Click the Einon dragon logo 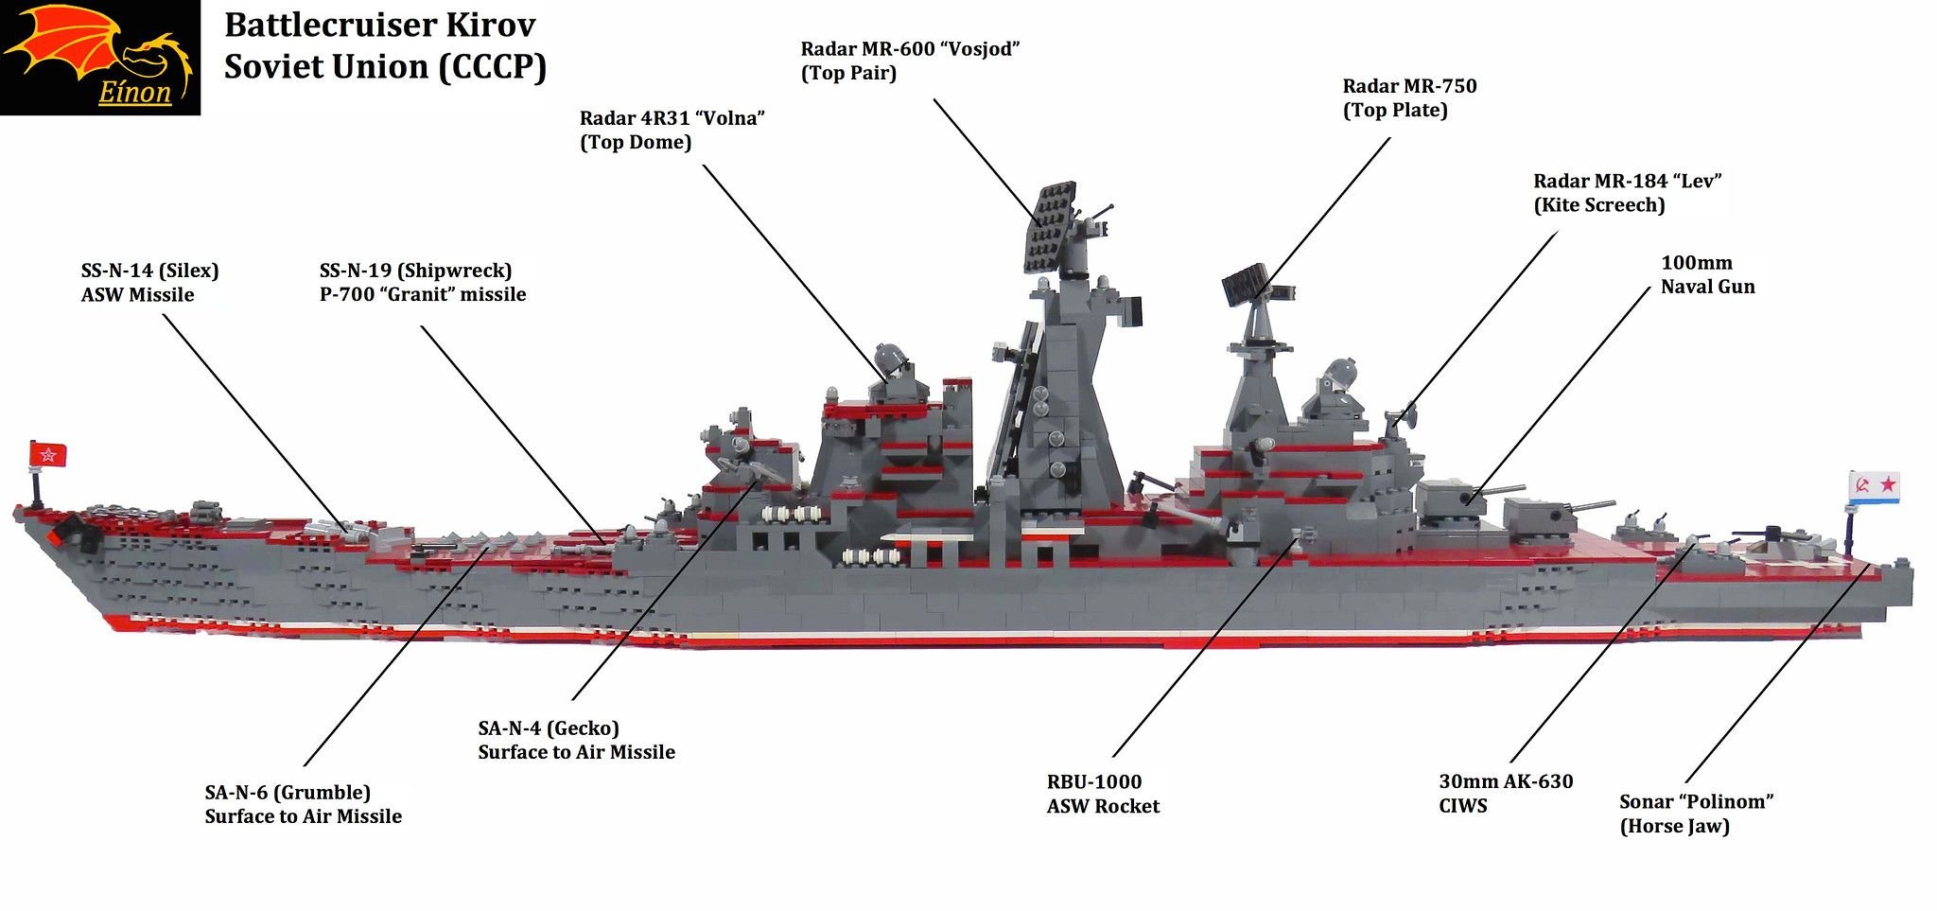click(x=100, y=57)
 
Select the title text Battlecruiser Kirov click(x=379, y=25)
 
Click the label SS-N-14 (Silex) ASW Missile click(x=149, y=282)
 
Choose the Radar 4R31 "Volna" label click(x=672, y=130)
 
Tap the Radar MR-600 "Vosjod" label click(x=909, y=61)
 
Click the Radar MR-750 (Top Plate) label click(x=1408, y=97)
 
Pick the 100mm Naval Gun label click(x=1707, y=274)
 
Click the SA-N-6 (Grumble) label click(x=303, y=804)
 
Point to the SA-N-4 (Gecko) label click(x=576, y=740)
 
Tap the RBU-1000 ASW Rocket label click(x=1102, y=794)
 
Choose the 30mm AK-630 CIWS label click(x=1505, y=793)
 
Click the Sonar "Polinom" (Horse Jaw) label click(x=1695, y=814)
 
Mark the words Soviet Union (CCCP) click(x=385, y=67)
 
